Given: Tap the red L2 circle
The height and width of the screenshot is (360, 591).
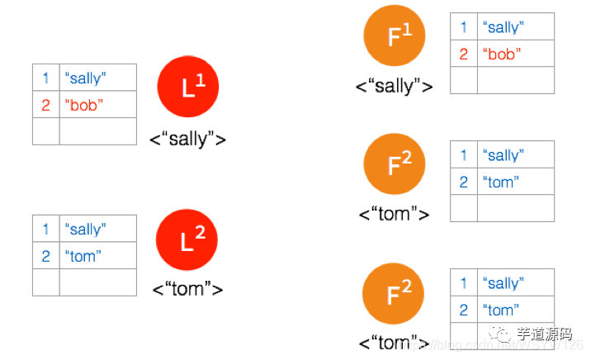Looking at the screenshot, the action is click(x=187, y=241).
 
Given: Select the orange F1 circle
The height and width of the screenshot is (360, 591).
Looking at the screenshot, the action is click(x=394, y=36).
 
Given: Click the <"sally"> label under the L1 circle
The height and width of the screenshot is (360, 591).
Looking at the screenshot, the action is click(x=188, y=138).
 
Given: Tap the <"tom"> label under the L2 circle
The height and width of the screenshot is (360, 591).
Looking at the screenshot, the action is click(x=188, y=288).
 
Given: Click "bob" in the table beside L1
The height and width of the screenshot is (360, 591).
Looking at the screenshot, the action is click(x=83, y=105).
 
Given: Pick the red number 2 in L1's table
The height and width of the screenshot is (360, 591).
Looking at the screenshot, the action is click(x=46, y=105).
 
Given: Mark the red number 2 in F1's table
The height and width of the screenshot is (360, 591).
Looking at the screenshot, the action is click(x=464, y=54).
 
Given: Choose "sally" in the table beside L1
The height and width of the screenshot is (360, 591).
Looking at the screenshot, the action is click(x=86, y=78).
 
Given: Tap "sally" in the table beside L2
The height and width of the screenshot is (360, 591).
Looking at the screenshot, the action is click(x=86, y=230).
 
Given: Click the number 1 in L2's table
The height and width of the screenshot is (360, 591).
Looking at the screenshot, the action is click(x=46, y=230).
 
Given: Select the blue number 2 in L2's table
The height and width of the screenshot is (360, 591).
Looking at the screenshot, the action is click(x=46, y=256).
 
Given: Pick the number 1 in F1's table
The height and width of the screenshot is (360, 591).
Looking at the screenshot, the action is click(x=464, y=27).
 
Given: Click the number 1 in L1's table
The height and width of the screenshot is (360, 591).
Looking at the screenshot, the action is click(x=46, y=78).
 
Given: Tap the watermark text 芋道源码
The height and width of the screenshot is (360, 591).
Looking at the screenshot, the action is click(x=543, y=334).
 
